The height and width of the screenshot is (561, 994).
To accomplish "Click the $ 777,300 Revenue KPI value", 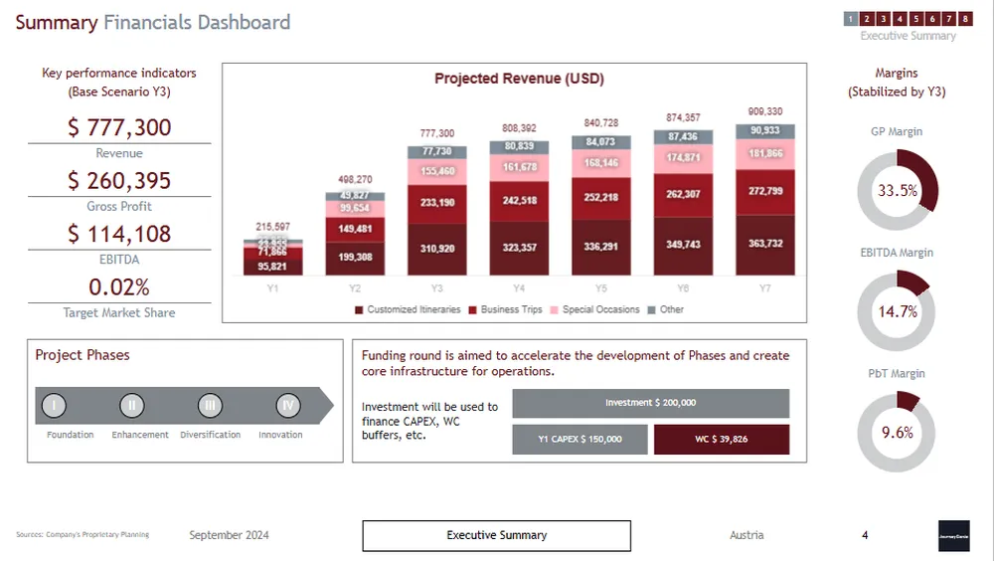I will click(119, 127).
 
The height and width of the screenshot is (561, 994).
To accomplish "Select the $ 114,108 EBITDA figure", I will click(119, 234).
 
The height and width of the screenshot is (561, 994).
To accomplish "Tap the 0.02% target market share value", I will click(119, 287).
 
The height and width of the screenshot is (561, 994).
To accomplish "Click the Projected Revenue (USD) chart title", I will click(519, 79).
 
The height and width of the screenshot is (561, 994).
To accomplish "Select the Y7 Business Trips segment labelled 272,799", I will click(764, 191).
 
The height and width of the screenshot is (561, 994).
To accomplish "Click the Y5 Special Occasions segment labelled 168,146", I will click(600, 163).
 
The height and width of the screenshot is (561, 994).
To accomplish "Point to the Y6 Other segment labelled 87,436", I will click(682, 136).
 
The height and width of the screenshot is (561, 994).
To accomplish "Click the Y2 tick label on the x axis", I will click(355, 287).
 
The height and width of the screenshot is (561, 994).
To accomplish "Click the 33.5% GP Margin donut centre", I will click(897, 191).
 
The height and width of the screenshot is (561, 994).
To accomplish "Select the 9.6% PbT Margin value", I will click(897, 433).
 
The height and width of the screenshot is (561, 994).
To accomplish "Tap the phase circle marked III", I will click(210, 405).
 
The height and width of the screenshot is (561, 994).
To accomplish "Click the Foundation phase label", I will click(71, 435).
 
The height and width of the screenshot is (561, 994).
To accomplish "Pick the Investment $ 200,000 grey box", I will click(650, 403).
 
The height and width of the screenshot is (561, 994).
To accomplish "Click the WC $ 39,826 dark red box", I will click(722, 439).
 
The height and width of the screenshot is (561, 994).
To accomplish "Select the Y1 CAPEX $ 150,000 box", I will click(580, 439).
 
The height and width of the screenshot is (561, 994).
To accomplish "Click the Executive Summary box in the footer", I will click(496, 535).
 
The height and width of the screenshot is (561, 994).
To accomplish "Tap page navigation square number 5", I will click(915, 18).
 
